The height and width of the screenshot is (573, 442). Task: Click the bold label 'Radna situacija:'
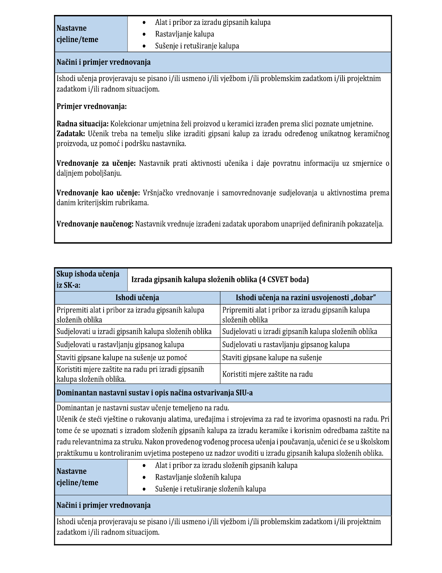(x=83, y=124)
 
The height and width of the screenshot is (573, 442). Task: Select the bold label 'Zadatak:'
(x=71, y=134)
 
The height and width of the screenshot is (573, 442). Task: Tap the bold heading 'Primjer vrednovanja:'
(x=92, y=107)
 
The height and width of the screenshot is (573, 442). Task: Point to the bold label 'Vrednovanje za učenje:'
(x=96, y=163)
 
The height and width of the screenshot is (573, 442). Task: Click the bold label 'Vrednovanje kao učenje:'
(x=98, y=193)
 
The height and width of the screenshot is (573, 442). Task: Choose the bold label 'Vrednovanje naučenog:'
(x=95, y=224)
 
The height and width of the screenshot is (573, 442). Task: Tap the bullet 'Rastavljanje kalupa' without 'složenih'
(x=184, y=34)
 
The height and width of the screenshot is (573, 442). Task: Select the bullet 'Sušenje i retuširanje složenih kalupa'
(x=210, y=489)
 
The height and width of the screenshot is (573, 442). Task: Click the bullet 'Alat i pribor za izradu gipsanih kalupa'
(x=213, y=22)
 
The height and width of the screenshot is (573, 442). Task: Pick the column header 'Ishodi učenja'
(x=137, y=298)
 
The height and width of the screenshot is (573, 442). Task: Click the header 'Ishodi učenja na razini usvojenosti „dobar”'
(x=306, y=298)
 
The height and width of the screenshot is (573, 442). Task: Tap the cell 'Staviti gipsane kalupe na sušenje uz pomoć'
(x=122, y=357)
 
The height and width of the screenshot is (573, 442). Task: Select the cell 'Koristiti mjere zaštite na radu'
(x=267, y=374)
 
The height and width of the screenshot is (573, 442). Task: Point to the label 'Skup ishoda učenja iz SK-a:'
(x=88, y=279)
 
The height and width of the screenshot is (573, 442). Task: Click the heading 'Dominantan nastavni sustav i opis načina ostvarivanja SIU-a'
(x=155, y=393)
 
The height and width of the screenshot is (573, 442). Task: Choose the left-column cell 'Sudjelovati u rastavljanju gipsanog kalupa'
(x=120, y=344)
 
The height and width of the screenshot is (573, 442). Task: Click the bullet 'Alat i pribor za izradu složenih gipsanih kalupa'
(x=226, y=466)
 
